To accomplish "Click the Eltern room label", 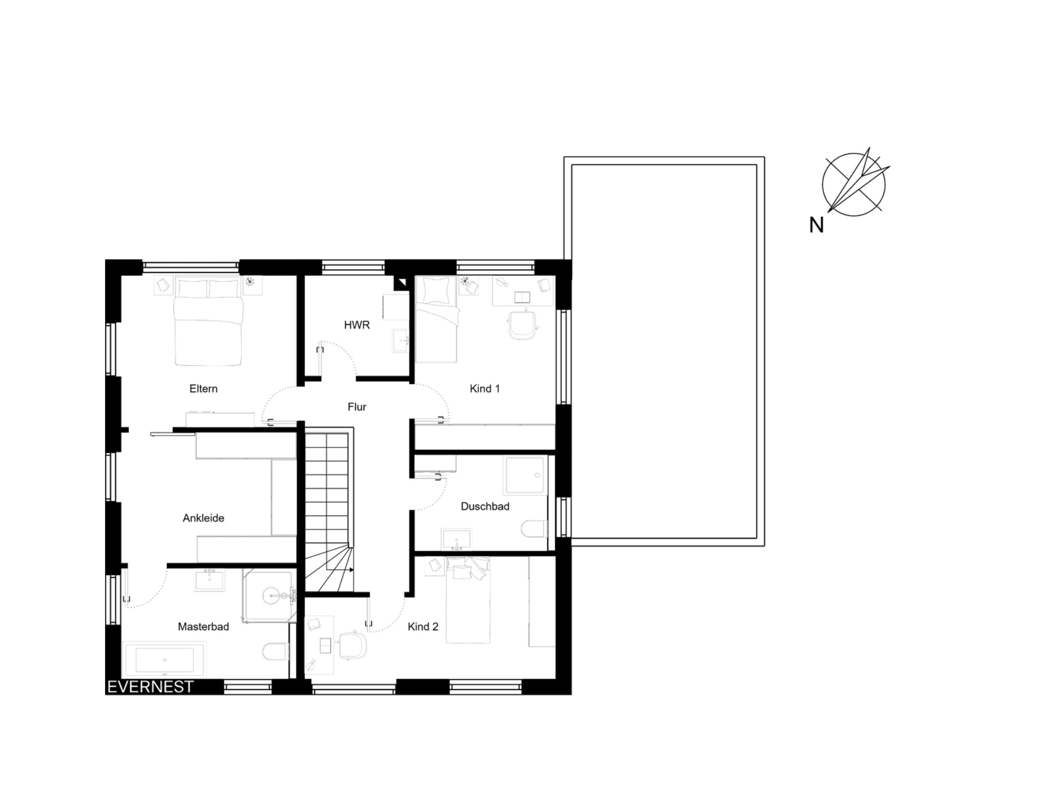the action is (203, 389).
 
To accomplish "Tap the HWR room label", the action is (356, 325).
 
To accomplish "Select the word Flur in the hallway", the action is (356, 407).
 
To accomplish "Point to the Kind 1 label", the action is (484, 389).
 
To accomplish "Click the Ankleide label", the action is (203, 518).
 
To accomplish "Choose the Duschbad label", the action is (485, 506).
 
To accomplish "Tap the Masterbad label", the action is (203, 627).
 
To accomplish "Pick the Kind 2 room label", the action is (423, 627).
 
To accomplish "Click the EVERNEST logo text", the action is (151, 687).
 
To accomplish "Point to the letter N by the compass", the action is (816, 225).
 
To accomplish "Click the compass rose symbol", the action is (854, 183).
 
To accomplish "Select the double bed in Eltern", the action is (208, 322).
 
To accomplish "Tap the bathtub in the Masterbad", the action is (165, 660).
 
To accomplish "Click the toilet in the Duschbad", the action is (534, 529).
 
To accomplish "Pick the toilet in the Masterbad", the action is (275, 651).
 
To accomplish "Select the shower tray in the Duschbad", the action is (525, 475).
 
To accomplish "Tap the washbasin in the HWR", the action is (401, 340).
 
